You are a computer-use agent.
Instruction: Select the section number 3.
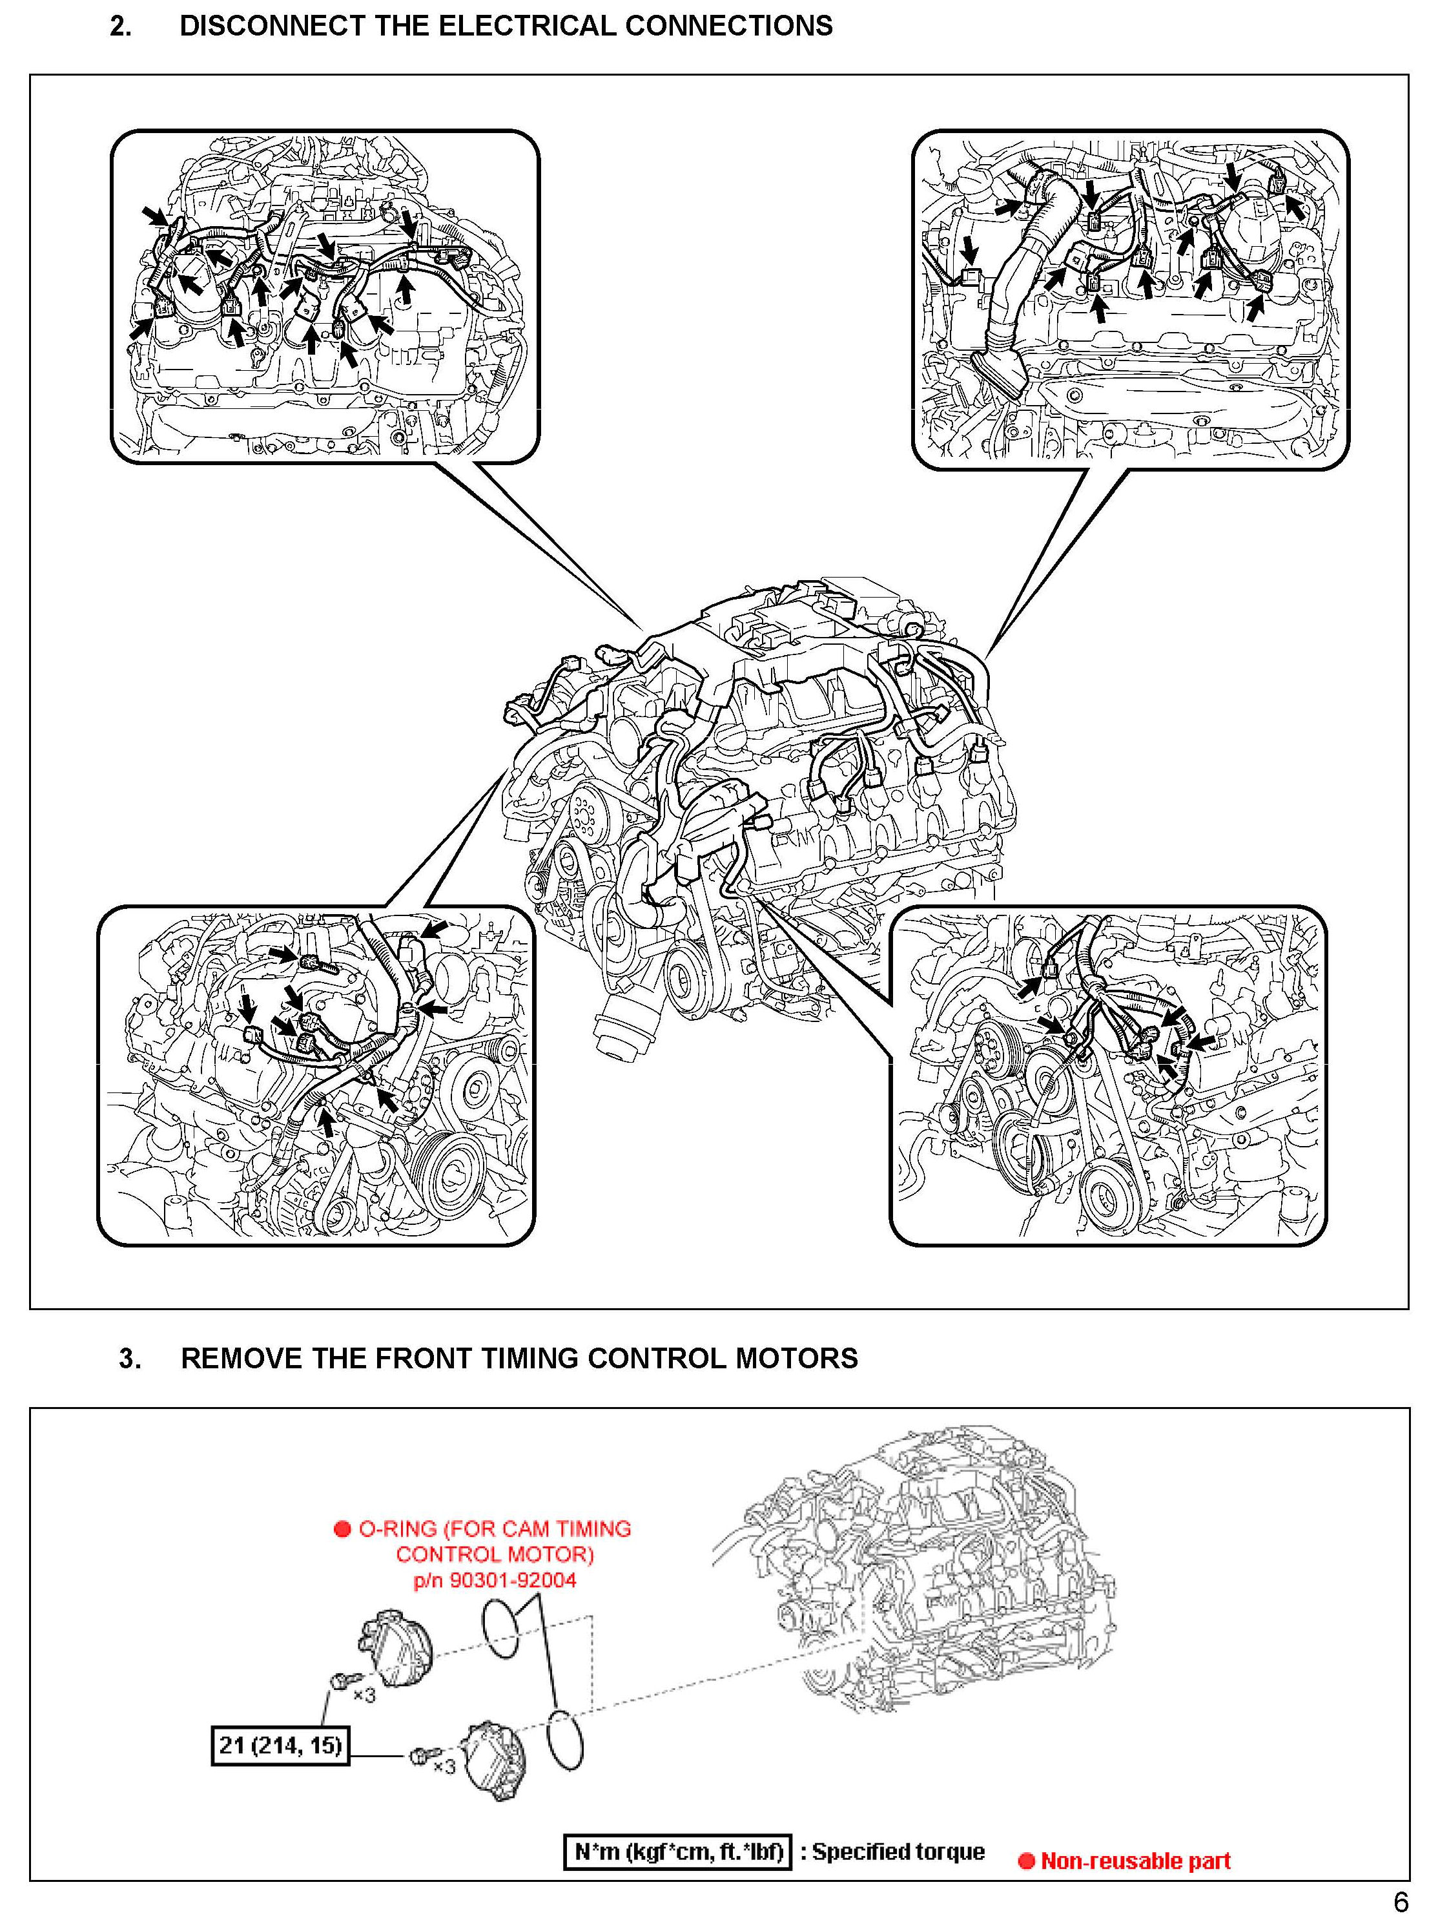(130, 1357)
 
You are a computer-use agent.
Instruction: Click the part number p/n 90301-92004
(495, 1580)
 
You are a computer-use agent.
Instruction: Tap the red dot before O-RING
(342, 1529)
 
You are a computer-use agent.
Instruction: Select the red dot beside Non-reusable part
(1027, 1861)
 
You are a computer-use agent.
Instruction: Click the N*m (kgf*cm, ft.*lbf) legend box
(677, 1852)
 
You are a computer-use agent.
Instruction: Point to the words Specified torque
(898, 1852)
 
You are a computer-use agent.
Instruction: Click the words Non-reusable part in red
(1135, 1861)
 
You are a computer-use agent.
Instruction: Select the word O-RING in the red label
(397, 1529)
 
